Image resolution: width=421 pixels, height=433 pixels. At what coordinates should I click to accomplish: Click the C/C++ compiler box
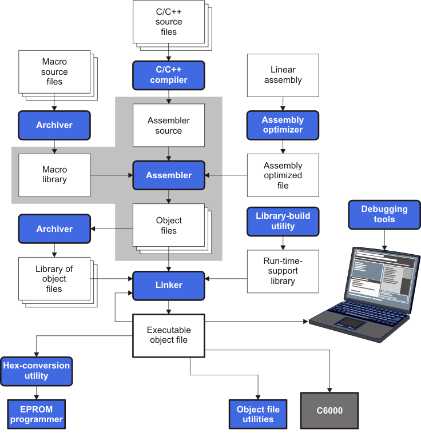[x=168, y=75]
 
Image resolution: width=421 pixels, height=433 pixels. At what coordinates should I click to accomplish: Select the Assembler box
[x=168, y=175]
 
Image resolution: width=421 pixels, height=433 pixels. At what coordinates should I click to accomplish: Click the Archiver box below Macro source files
[x=54, y=125]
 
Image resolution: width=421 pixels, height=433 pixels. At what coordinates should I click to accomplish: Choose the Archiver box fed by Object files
[x=54, y=228]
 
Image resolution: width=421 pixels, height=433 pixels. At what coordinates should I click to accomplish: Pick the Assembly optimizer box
[x=283, y=125]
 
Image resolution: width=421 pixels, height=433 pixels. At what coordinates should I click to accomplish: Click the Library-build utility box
[x=283, y=222]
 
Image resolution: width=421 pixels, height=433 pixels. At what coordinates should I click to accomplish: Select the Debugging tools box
[x=384, y=214]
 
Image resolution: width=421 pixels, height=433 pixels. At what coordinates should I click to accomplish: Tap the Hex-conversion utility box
[x=37, y=371]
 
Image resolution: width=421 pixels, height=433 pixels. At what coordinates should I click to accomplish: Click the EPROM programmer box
[x=37, y=415]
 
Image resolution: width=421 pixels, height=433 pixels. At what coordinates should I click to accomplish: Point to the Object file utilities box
[x=258, y=415]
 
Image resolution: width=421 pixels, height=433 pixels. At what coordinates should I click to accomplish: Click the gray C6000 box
[x=329, y=410]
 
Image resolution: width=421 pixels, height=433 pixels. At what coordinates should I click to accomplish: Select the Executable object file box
[x=168, y=335]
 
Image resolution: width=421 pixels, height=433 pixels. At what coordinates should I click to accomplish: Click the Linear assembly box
[x=283, y=75]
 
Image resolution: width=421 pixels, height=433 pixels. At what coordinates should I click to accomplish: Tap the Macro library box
[x=54, y=175]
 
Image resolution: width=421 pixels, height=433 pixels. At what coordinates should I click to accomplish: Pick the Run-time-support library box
[x=283, y=271]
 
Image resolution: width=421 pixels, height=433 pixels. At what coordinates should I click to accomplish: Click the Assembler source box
[x=168, y=126]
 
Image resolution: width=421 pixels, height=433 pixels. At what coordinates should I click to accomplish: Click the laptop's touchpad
[x=350, y=323]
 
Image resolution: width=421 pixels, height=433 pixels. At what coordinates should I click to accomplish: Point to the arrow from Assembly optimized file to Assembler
[x=226, y=175]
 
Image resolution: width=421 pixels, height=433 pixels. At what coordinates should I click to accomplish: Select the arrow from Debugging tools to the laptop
[x=384, y=237]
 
